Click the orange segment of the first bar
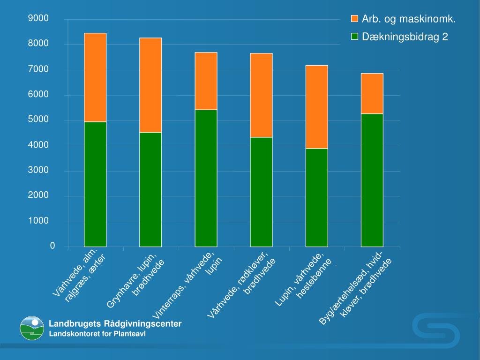click(95, 77)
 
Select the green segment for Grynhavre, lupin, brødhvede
click(150, 189)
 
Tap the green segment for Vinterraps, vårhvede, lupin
click(206, 178)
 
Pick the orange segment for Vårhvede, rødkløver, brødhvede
click(261, 95)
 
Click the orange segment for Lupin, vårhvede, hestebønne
click(316, 107)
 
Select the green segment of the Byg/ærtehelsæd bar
click(372, 180)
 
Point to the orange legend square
click(355, 19)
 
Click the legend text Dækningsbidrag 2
click(405, 37)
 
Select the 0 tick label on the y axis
click(52, 246)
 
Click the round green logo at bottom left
click(32, 328)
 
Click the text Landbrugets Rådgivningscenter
click(115, 324)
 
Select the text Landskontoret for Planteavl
click(97, 334)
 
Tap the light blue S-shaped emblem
click(435, 330)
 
